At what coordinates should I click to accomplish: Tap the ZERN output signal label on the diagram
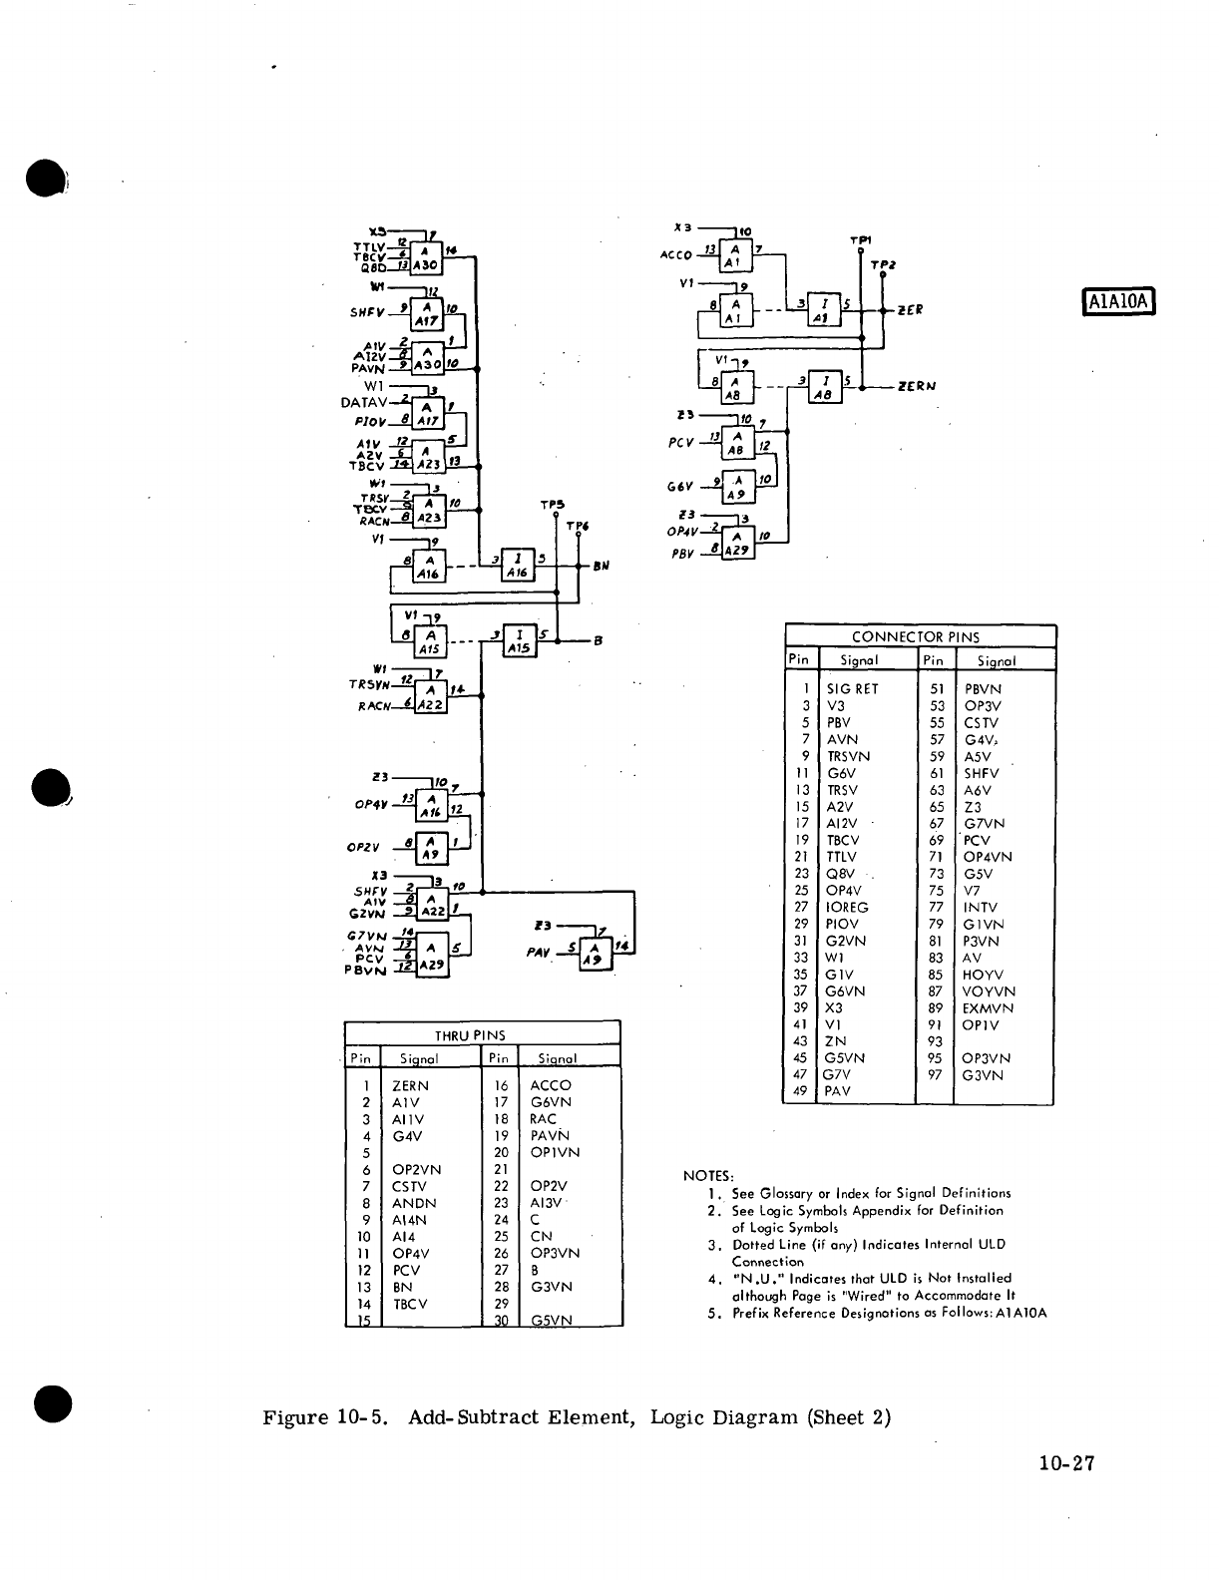coord(917,386)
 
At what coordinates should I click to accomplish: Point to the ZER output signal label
coord(910,309)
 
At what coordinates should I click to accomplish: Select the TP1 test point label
coord(860,240)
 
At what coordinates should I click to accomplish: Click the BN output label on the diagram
coord(602,566)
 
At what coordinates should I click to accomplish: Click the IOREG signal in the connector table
coord(847,908)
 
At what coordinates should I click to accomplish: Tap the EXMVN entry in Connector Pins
coord(989,1008)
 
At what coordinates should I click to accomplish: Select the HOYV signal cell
coord(983,975)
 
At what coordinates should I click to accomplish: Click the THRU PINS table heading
coord(470,1035)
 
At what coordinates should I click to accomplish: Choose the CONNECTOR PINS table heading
coord(915,636)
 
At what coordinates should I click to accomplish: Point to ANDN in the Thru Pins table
coord(414,1203)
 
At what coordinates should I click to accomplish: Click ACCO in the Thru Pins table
coord(551,1085)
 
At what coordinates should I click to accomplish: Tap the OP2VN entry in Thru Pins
coord(417,1169)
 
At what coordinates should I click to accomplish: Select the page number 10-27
coord(1065,1463)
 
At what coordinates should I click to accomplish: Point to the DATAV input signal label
coord(363,403)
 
